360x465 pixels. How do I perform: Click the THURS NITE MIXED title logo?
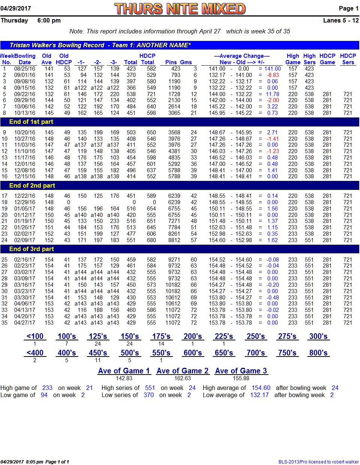(180, 9)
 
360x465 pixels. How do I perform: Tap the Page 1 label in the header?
(348, 9)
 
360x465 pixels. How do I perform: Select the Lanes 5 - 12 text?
(341, 21)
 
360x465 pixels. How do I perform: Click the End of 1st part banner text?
(31, 122)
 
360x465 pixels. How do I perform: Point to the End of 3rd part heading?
(31, 249)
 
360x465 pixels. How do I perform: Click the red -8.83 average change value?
(272, 75)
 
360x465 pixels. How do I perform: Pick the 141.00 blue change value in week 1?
(273, 69)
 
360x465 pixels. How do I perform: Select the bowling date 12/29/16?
(25, 202)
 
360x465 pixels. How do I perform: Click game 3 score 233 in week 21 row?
(115, 221)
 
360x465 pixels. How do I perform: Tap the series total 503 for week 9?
(131, 132)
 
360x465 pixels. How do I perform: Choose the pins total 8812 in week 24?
(174, 240)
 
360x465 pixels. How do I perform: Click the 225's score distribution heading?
(224, 336)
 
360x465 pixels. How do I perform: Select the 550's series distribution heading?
(161, 353)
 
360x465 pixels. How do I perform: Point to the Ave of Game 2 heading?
(182, 371)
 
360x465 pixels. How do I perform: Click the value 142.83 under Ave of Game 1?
(124, 378)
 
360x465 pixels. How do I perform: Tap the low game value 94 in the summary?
(44, 395)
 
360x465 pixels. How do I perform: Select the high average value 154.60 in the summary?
(261, 388)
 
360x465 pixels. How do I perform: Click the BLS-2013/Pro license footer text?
(319, 462)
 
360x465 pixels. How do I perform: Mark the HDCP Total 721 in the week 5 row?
(151, 94)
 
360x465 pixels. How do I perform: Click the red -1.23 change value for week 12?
(273, 151)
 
